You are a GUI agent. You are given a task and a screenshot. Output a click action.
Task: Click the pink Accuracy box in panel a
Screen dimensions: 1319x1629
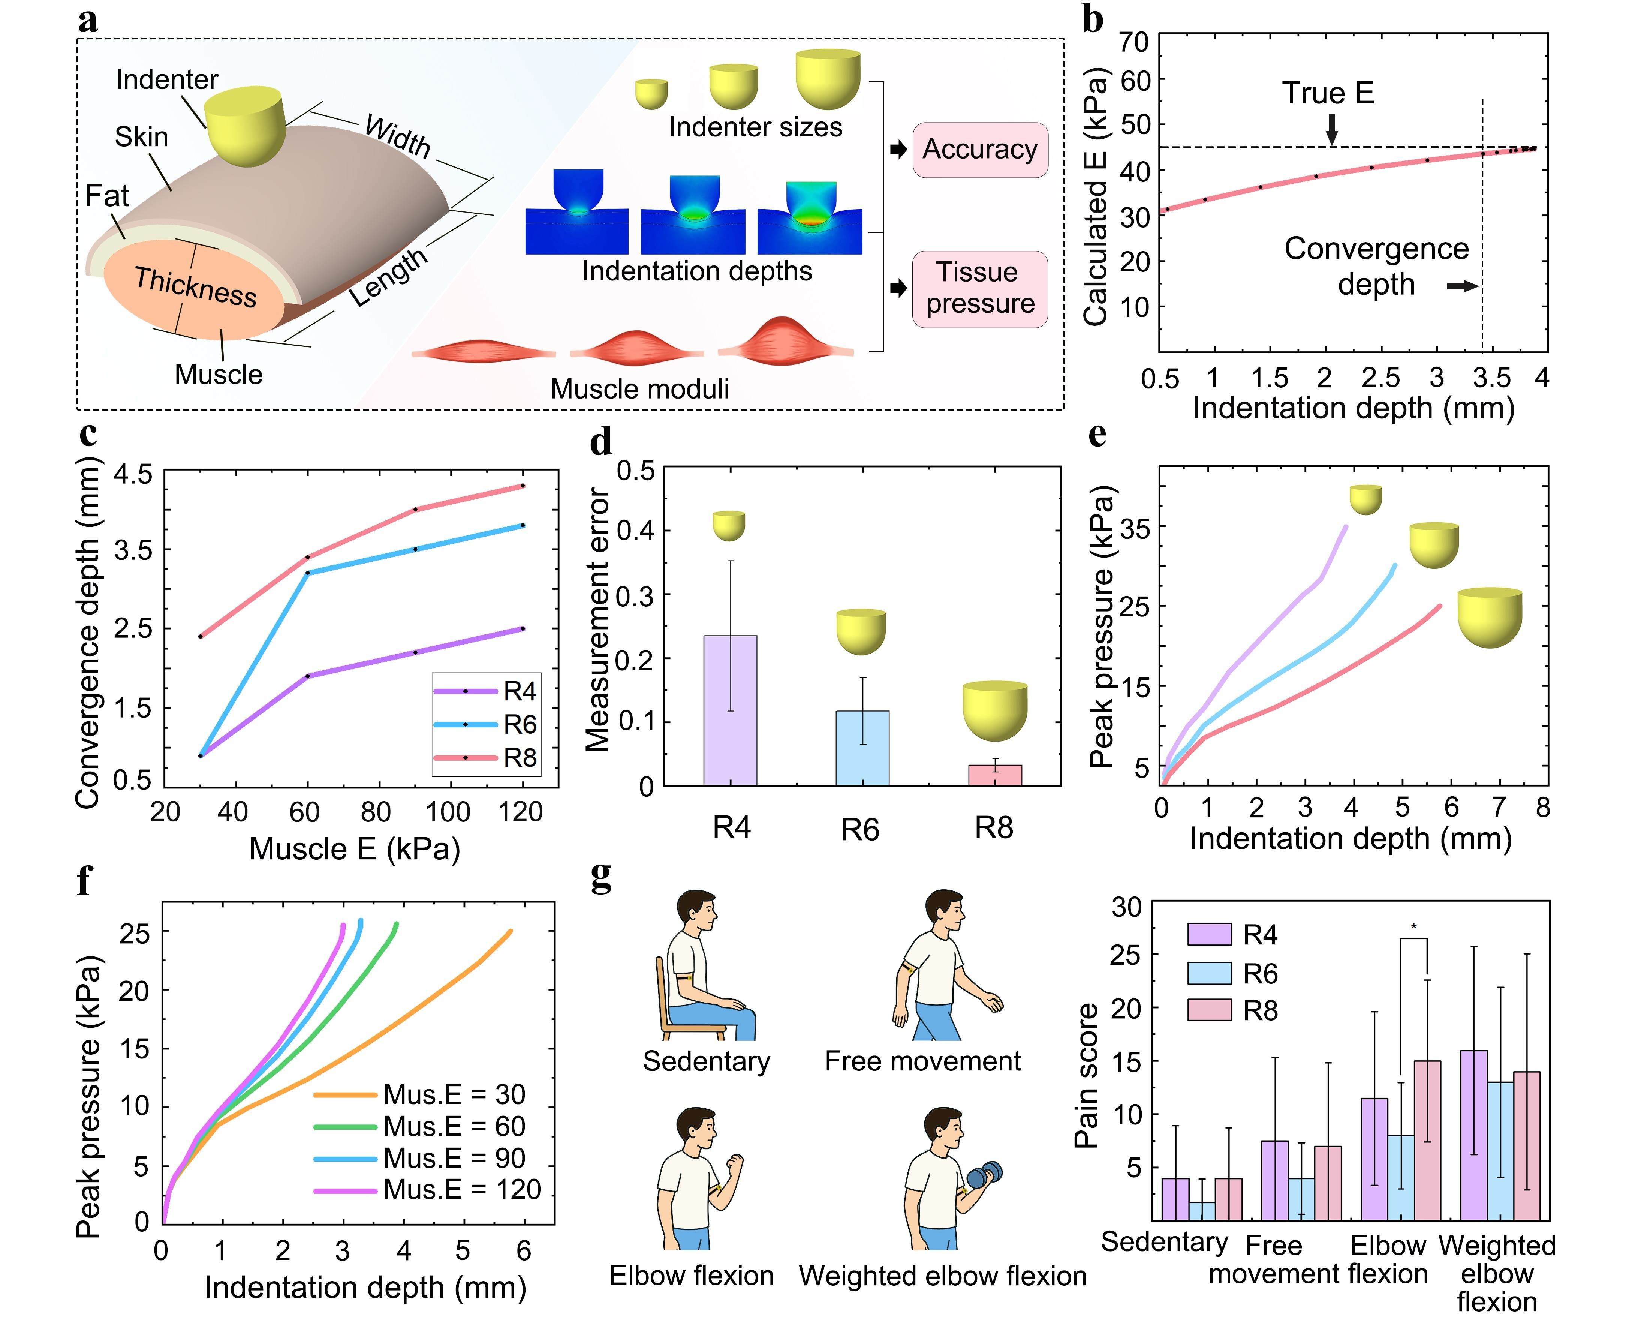[980, 150]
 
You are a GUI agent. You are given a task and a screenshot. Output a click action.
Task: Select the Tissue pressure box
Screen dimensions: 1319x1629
[980, 289]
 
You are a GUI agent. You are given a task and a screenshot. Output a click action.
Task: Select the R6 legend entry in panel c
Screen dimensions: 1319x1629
[486, 724]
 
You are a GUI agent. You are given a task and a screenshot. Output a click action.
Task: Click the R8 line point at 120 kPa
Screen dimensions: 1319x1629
[523, 486]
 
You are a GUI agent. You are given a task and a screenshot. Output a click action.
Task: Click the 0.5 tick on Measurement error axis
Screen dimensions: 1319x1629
[636, 471]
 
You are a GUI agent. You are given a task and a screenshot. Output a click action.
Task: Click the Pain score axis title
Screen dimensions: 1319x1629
[1087, 1075]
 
